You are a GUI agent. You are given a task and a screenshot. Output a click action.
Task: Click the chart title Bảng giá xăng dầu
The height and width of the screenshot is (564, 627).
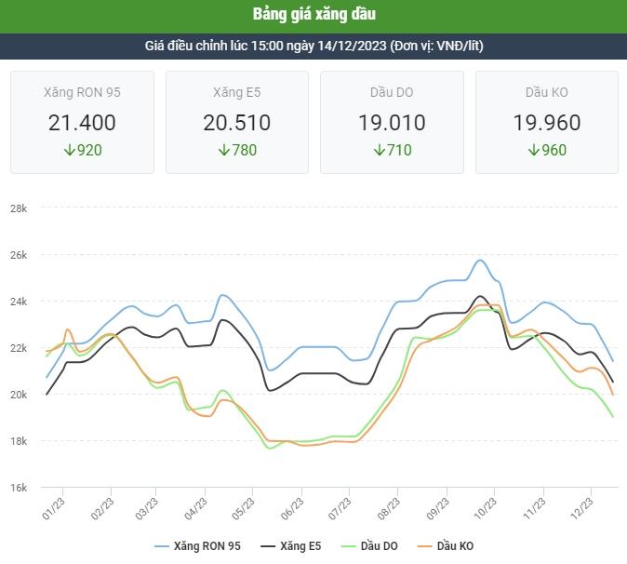tap(313, 15)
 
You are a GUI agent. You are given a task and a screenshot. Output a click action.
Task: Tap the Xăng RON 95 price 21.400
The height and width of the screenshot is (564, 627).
tap(82, 123)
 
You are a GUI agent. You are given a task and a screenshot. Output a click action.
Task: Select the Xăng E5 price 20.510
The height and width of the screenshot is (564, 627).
tap(236, 123)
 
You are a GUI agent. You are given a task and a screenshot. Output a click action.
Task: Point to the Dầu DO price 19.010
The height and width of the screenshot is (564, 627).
tap(392, 123)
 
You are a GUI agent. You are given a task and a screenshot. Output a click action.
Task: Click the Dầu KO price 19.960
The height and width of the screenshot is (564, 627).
tap(546, 123)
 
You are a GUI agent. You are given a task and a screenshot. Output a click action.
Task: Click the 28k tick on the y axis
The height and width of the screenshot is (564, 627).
tap(19, 208)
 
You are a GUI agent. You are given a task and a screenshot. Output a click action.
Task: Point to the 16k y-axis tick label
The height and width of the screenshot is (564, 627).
tap(19, 488)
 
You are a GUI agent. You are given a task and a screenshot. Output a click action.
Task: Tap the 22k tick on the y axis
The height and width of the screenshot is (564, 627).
tap(19, 348)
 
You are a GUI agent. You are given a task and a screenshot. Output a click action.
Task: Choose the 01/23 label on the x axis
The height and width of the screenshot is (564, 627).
tap(53, 508)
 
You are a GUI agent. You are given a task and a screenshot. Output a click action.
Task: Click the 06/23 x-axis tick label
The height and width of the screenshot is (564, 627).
tap(292, 508)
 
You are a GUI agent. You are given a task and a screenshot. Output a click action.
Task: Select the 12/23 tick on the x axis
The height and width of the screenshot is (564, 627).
tap(581, 508)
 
